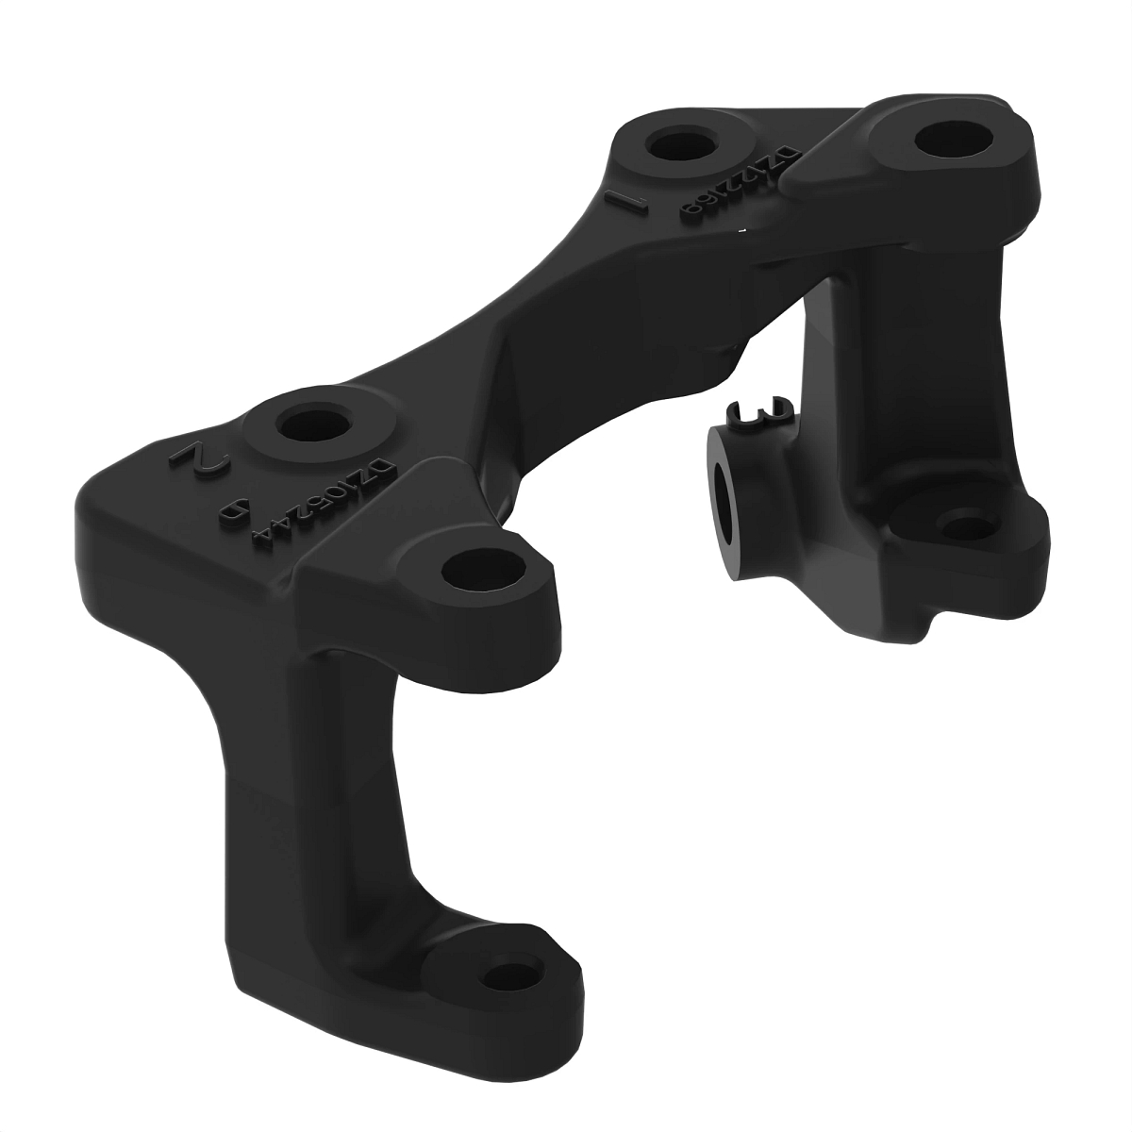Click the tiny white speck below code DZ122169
745,228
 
